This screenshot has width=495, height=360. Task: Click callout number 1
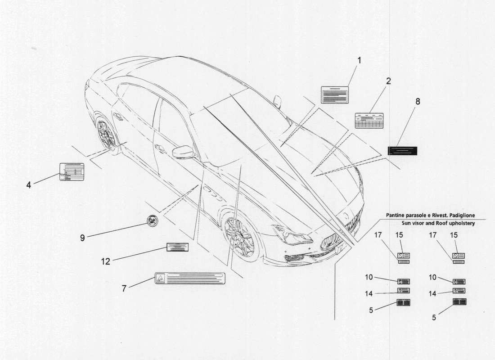pos(359,60)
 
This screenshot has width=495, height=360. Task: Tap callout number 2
pos(388,81)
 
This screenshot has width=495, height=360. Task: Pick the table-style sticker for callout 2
pos(369,121)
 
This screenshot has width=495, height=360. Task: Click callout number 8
pos(418,102)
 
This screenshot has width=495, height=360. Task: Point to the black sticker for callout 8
pos(403,151)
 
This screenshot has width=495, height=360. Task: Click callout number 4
pos(28,184)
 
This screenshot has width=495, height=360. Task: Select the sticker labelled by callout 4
pos(72,171)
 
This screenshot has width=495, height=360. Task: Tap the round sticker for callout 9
pos(153,221)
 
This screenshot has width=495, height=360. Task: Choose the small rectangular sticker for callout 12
pos(177,247)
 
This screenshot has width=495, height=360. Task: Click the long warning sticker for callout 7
pos(189,278)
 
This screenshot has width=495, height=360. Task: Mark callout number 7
pos(124,288)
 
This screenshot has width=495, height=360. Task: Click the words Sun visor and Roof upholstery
pos(438,223)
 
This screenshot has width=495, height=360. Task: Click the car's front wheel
pos(239,236)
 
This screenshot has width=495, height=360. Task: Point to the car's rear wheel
pos(107,134)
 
